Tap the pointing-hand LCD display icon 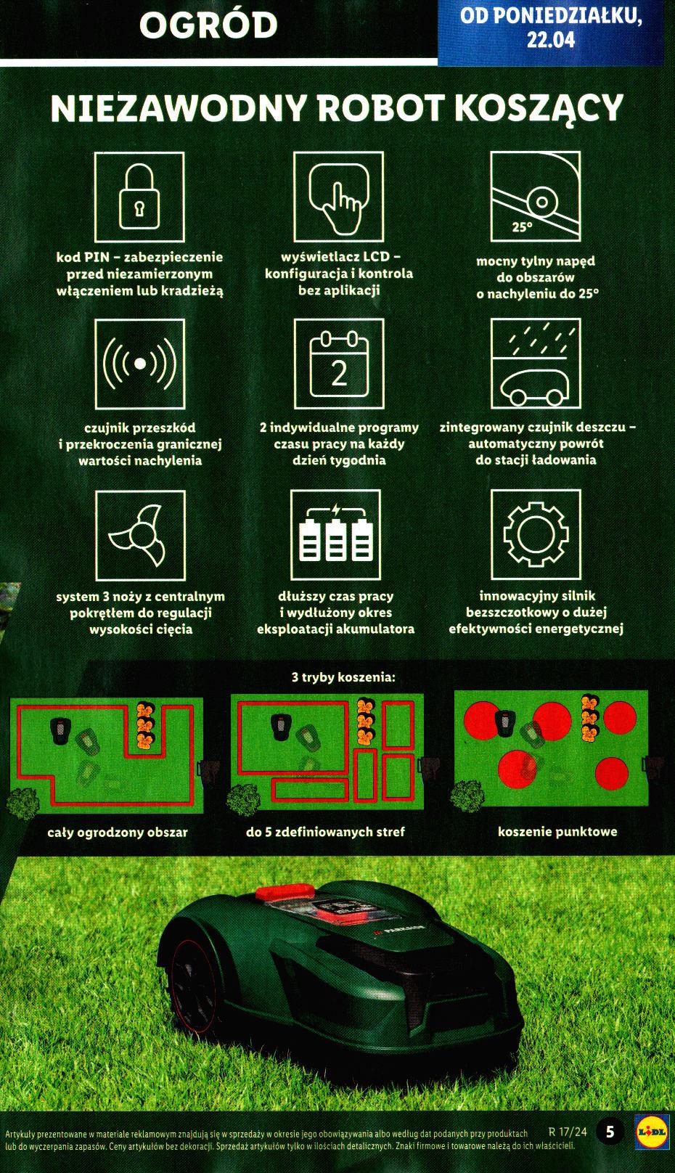click(338, 196)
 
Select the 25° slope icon click(536, 196)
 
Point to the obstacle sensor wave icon click(140, 363)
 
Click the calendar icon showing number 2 click(338, 363)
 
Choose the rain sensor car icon click(536, 363)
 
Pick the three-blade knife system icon click(140, 535)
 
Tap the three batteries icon click(335, 535)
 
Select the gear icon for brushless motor click(536, 535)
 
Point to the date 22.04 click(551, 39)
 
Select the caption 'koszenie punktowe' click(557, 831)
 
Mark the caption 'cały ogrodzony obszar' click(118, 832)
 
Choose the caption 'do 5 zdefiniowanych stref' click(325, 831)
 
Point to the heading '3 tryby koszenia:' click(343, 677)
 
